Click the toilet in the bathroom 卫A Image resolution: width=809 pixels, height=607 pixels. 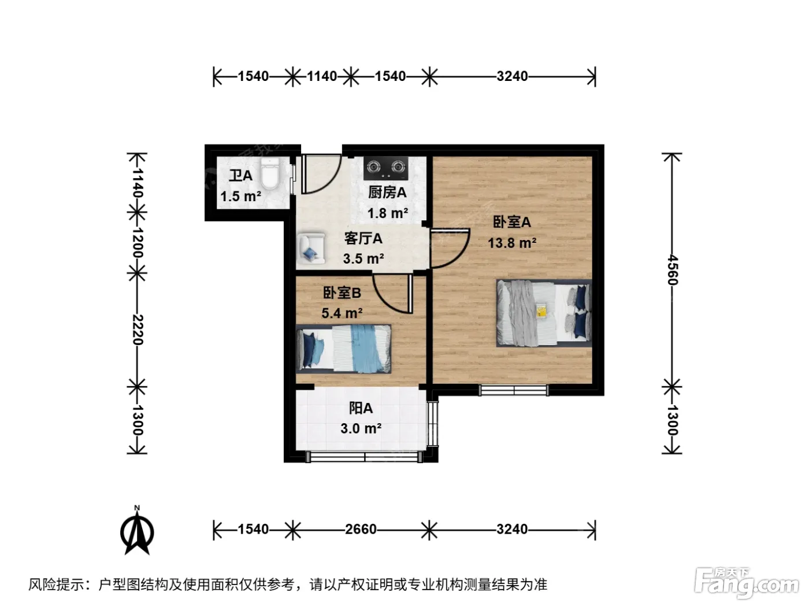(x=270, y=174)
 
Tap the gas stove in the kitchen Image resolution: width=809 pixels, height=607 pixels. (x=386, y=168)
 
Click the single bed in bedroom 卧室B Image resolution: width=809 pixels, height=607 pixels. (x=343, y=348)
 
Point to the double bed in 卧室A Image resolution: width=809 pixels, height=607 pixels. (x=544, y=313)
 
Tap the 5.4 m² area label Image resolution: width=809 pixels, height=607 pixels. (x=342, y=313)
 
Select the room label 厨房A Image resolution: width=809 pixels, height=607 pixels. (x=387, y=193)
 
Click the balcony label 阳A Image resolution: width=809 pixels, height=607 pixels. (x=361, y=408)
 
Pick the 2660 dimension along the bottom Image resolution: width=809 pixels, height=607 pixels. (x=361, y=529)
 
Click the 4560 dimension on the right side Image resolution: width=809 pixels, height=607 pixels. (x=672, y=269)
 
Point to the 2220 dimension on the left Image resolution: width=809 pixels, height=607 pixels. (x=138, y=330)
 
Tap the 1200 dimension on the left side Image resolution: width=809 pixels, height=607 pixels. (x=138, y=242)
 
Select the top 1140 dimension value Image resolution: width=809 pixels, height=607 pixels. (x=322, y=76)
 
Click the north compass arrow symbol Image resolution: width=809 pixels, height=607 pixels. (x=137, y=531)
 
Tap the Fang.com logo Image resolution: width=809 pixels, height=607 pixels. (x=746, y=583)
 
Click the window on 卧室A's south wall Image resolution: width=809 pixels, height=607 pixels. (x=514, y=390)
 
